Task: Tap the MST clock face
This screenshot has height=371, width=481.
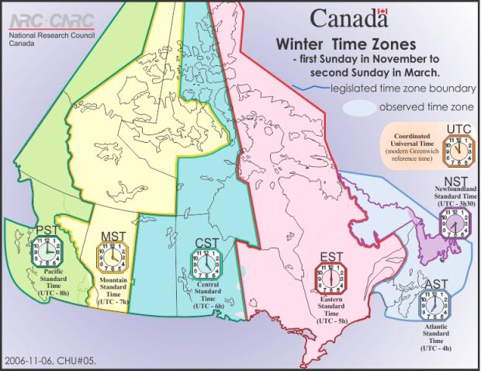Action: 109,255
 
